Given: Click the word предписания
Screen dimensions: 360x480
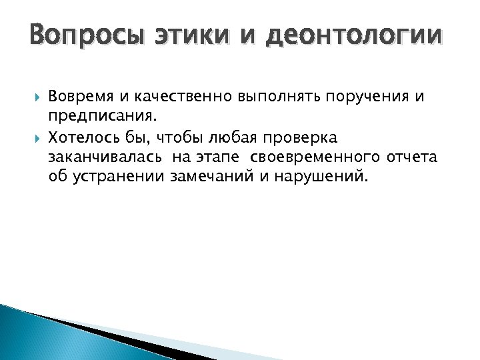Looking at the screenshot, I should click(x=103, y=117).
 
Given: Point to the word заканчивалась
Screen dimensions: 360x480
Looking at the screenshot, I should click(x=98, y=158).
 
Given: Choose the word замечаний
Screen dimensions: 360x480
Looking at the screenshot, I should click(x=211, y=178).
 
